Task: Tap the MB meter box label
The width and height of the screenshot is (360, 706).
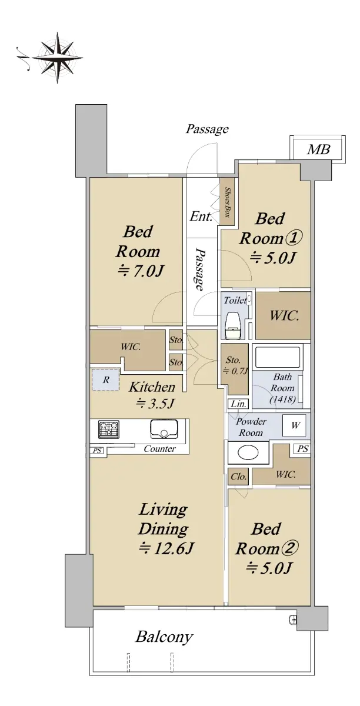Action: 318,149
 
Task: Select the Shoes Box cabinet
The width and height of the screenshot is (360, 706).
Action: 226,202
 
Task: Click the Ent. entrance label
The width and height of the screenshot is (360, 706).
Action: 201,217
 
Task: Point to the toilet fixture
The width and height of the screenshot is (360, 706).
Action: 234,325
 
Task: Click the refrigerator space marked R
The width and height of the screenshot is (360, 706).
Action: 106,380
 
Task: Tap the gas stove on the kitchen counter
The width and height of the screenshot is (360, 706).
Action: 109,429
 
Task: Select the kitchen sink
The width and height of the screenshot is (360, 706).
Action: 164,429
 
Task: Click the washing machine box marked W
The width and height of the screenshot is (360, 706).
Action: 295,425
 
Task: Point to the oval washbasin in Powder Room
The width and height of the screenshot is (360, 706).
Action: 248,453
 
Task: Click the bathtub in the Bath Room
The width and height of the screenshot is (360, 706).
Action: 278,358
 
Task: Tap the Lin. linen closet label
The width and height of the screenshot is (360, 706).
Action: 238,404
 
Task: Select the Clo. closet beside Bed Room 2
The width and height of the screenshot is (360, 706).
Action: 238,476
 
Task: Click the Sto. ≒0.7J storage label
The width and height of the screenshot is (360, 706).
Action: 235,365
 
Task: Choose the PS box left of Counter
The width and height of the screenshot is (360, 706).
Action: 97,451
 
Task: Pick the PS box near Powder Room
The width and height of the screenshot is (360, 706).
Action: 302,449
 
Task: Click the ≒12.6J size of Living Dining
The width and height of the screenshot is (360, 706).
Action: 166,549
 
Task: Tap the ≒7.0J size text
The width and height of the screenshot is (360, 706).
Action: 141,271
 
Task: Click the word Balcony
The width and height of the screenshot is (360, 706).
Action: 164,637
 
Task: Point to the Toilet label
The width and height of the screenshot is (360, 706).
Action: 235,300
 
